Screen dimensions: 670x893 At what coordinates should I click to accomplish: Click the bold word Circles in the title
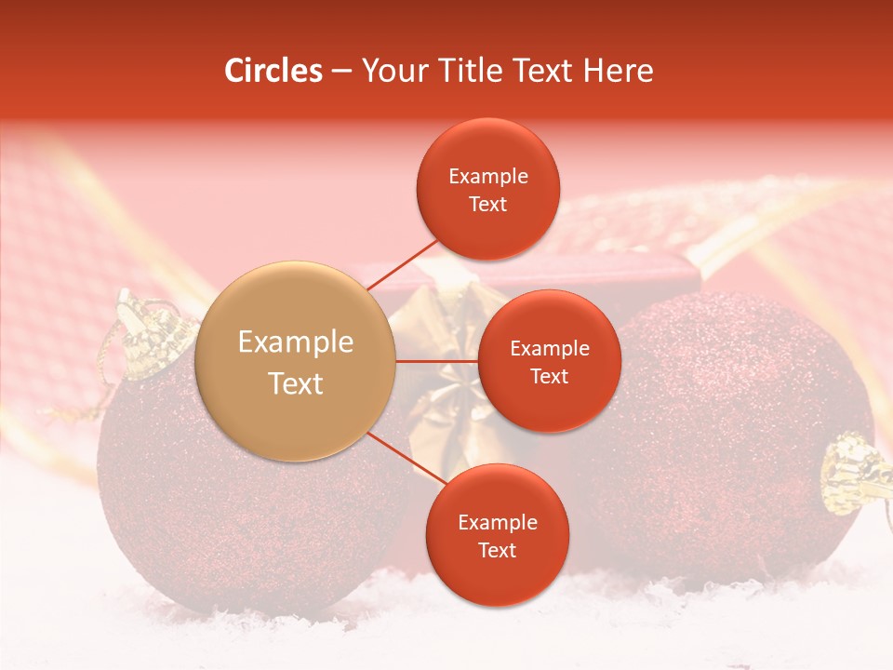pos(273,71)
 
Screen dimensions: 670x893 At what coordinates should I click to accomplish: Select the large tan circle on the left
pos(296,361)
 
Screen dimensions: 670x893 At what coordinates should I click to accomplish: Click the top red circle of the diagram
pos(488,189)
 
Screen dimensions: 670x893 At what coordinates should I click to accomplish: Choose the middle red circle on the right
pos(549,361)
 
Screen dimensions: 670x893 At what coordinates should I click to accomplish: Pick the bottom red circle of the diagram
pos(497,535)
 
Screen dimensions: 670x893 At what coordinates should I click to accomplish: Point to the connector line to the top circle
pos(404,263)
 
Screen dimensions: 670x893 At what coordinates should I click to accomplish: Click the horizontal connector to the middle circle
pos(437,361)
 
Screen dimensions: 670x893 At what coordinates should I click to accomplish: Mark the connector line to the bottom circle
pos(407,459)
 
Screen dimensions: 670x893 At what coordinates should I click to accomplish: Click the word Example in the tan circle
pos(296,342)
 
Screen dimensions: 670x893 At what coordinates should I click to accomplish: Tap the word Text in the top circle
pos(488,204)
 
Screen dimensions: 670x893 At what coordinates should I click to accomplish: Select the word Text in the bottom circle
pos(497,550)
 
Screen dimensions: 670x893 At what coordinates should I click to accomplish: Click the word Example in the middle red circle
pos(549,349)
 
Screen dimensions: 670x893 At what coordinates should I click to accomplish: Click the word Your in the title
pos(391,71)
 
